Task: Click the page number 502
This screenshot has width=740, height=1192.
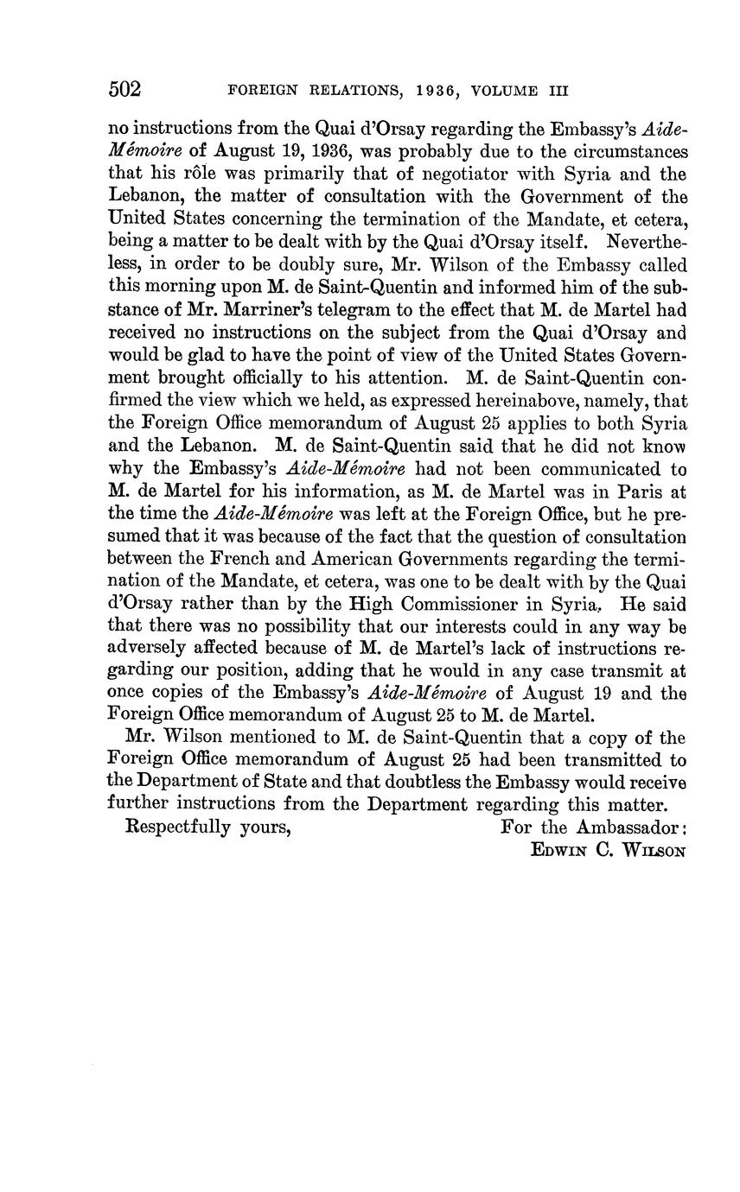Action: [124, 90]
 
